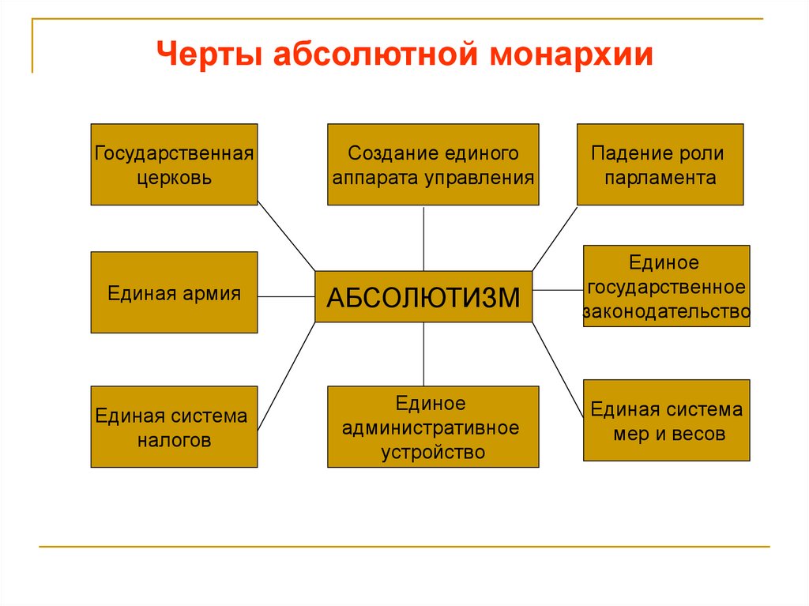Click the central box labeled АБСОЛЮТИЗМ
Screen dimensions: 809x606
(423, 297)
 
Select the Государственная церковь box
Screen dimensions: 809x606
(174, 164)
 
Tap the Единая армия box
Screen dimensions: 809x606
(174, 292)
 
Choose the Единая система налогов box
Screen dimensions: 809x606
(174, 427)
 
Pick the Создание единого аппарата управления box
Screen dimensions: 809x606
(433, 164)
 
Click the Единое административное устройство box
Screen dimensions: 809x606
(433, 427)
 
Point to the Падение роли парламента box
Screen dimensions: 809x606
(660, 164)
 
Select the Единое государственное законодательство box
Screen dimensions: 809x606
(666, 286)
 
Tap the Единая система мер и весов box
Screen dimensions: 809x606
(666, 420)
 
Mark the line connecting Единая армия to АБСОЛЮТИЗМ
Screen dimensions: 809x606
(286, 296)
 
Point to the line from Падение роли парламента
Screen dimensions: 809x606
(555, 237)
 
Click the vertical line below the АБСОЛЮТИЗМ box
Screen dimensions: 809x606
(423, 354)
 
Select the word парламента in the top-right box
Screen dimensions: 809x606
(660, 178)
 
